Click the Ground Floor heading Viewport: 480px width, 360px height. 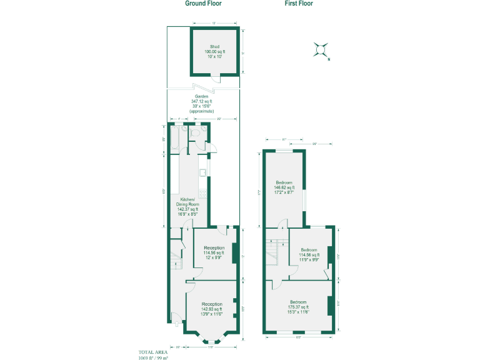coord(203,3)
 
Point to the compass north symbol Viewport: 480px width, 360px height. coord(321,49)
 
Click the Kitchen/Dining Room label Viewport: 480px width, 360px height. coord(189,204)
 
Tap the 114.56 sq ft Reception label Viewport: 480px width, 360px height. coord(214,252)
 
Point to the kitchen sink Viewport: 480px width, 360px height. coord(203,172)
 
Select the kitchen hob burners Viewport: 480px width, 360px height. coord(203,194)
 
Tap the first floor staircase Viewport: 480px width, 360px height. coord(272,254)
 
